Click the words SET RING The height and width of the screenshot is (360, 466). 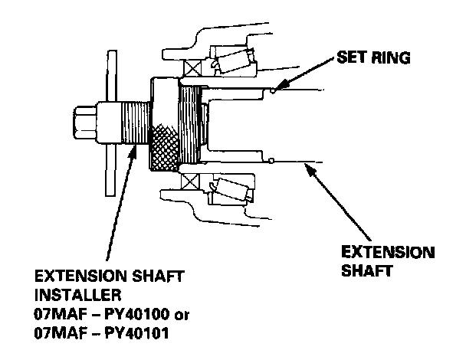pyautogui.click(x=373, y=57)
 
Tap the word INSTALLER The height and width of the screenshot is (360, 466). pyautogui.click(x=78, y=295)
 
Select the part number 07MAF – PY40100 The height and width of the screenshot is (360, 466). pyautogui.click(x=102, y=314)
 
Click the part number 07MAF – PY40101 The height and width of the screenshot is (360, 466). pyautogui.click(x=101, y=333)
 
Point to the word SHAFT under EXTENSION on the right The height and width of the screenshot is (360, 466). pyautogui.click(x=366, y=270)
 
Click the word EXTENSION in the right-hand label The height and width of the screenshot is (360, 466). pyautogui.click(x=388, y=252)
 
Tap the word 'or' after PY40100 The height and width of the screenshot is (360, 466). pyautogui.click(x=182, y=315)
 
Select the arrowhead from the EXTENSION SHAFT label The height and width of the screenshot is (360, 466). pyautogui.click(x=310, y=170)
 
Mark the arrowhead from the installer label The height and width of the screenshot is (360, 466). pyautogui.click(x=133, y=152)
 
